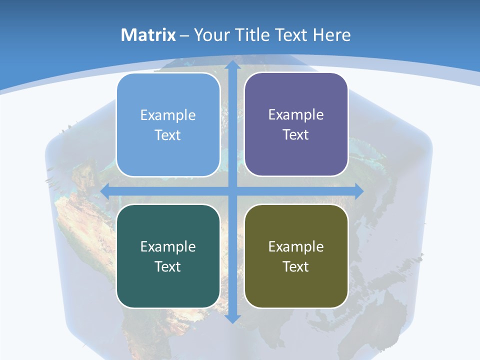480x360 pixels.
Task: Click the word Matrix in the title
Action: [x=148, y=35]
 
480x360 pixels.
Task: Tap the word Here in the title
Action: [x=331, y=35]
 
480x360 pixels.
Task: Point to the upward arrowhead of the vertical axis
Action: [x=232, y=65]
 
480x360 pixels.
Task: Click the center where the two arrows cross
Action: [x=232, y=191]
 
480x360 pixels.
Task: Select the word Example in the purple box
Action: [x=296, y=114]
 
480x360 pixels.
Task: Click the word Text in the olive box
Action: [x=296, y=266]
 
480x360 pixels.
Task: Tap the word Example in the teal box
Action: [x=168, y=246]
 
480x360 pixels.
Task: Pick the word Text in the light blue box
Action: [x=168, y=135]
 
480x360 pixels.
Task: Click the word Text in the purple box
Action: [x=296, y=134]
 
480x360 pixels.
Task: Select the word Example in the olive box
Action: [x=296, y=246]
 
